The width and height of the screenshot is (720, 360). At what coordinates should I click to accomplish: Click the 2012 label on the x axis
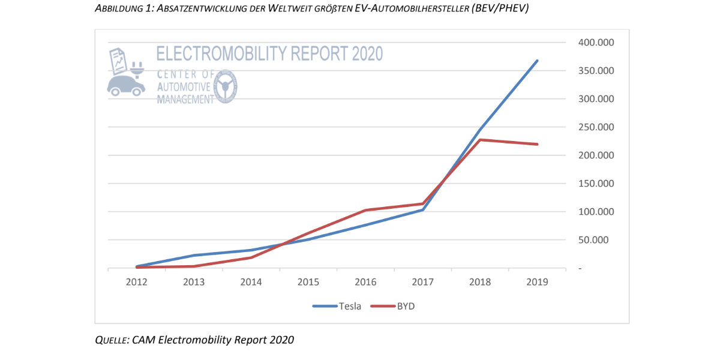[x=137, y=282]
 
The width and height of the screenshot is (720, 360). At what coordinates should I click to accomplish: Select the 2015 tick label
[x=308, y=282]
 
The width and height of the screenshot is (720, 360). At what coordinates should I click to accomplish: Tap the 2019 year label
[x=537, y=282]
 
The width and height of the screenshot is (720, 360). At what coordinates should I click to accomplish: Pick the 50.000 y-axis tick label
[x=596, y=240]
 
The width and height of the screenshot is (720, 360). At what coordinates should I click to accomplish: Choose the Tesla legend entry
[x=337, y=306]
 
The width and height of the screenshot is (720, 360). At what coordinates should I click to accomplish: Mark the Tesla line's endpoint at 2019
[x=537, y=61]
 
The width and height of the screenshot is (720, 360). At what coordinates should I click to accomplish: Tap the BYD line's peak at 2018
[x=480, y=140]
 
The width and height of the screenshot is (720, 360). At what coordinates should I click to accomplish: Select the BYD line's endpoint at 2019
[x=537, y=144]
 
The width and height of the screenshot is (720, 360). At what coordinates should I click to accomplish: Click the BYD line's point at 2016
[x=365, y=211]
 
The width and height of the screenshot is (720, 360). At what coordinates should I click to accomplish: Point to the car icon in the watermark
[x=126, y=85]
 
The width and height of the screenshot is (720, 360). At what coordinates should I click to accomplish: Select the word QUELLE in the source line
[x=110, y=340]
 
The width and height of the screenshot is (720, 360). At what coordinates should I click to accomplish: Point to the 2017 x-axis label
[x=422, y=282]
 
